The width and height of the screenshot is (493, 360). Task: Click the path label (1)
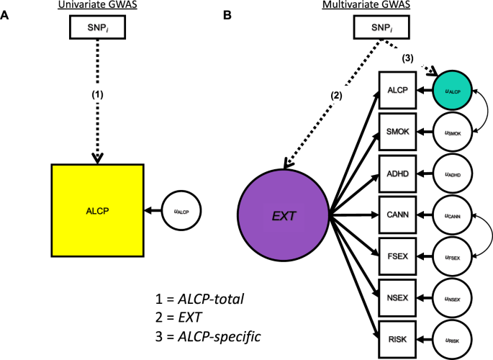coord(97,94)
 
